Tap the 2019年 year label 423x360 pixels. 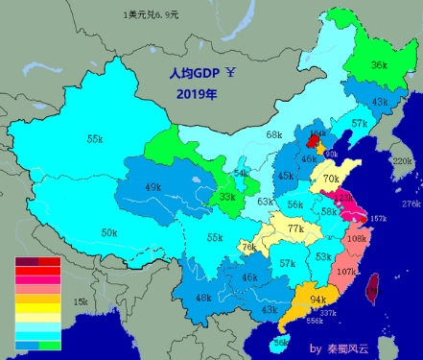[197, 95]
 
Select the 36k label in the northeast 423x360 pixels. [379, 65]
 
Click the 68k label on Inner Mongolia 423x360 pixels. [274, 135]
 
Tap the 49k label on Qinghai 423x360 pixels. [153, 187]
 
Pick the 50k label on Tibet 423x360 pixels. [109, 232]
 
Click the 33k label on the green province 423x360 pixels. [226, 197]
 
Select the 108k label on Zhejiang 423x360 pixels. [356, 238]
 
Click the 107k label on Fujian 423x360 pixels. [347, 273]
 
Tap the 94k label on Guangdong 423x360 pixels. [317, 300]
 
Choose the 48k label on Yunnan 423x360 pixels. [202, 299]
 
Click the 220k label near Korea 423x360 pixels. [402, 161]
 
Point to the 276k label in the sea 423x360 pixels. [411, 204]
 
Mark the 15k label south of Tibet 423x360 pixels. [81, 302]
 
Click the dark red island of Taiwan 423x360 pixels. [374, 284]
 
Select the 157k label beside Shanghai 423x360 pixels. [378, 219]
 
